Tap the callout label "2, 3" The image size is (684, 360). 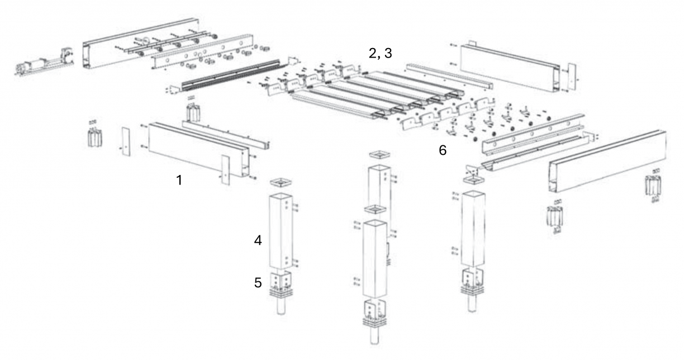[381, 54]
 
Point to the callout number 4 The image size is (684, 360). [258, 240]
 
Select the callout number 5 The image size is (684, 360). [258, 283]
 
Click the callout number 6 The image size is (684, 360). [443, 150]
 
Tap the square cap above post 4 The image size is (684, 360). [281, 183]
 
